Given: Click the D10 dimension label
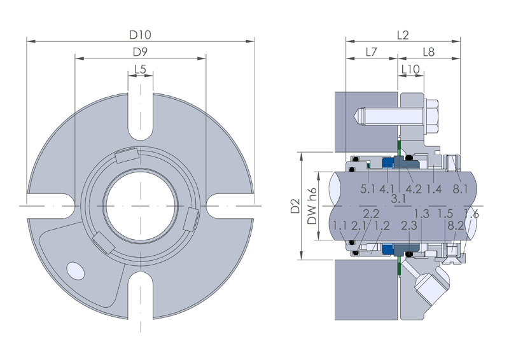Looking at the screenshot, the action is click(140, 35).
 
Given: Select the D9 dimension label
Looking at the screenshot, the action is click(140, 52).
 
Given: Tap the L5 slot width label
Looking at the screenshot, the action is click(140, 69).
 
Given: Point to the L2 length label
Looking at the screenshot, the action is click(403, 35).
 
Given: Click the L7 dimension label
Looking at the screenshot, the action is click(372, 52).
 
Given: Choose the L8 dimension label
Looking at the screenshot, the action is click(428, 52).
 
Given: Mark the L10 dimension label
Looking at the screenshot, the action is click(410, 69).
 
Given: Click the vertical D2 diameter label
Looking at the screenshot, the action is click(295, 206).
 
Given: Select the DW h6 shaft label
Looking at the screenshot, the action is click(312, 207).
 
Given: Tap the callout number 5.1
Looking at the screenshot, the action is click(368, 189).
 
